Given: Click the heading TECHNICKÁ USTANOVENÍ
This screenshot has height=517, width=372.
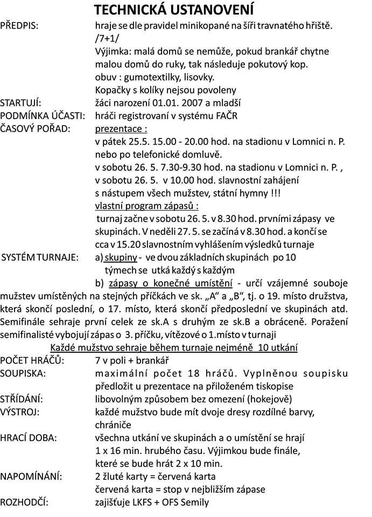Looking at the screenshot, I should pos(174,10).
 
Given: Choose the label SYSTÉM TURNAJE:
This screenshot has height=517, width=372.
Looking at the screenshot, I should pos(40,257).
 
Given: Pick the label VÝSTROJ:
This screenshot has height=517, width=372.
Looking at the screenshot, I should pos(23,412).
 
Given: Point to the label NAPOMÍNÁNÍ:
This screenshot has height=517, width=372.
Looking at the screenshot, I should pos(31,477).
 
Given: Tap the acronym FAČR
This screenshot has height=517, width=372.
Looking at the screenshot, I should pos(226,116).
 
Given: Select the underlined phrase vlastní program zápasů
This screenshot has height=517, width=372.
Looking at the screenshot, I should pos(145,206).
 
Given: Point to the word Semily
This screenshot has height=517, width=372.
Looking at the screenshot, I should pos(194,502).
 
